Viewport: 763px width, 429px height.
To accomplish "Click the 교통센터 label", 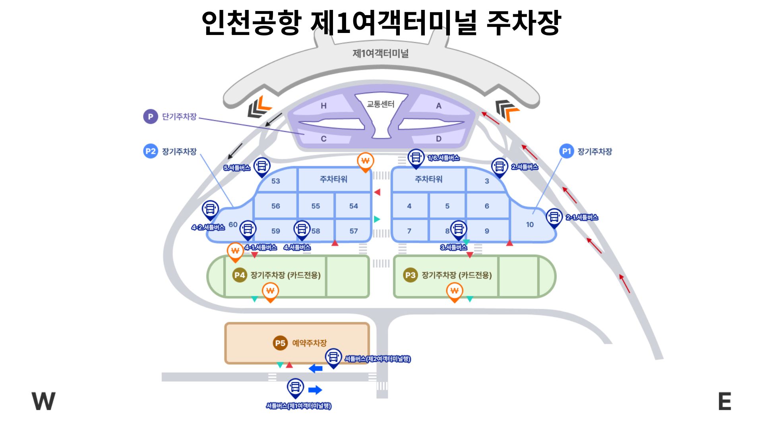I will point(380,104).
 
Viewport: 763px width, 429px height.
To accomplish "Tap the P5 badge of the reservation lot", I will point(280,343).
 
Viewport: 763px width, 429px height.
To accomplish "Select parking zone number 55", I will point(316,206).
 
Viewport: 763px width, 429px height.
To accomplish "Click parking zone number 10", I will point(530,224).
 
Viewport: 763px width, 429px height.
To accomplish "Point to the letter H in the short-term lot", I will point(323,106).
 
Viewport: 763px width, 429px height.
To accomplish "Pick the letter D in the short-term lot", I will point(438,139).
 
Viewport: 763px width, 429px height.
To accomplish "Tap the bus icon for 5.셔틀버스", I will point(262,166).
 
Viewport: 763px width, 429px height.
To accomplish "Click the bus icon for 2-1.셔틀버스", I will point(554,217).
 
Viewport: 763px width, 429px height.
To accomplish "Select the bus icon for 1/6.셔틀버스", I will point(416,157).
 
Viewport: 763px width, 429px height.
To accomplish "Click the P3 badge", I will point(411,275).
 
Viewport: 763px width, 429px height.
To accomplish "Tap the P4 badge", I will point(240,275).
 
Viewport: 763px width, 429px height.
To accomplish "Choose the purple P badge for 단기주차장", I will point(151,117).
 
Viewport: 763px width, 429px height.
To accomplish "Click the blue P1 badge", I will point(567,151).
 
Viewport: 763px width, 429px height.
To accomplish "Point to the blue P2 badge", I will point(151,151).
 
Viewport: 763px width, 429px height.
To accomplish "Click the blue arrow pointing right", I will point(315,390).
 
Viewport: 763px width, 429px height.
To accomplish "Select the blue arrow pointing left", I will point(316,369).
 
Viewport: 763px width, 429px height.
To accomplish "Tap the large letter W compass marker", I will point(43,401).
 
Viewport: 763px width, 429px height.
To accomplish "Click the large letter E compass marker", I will point(725,401).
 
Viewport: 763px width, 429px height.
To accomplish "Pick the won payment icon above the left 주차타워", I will point(365,161).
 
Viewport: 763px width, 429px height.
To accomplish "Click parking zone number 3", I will point(487,181).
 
